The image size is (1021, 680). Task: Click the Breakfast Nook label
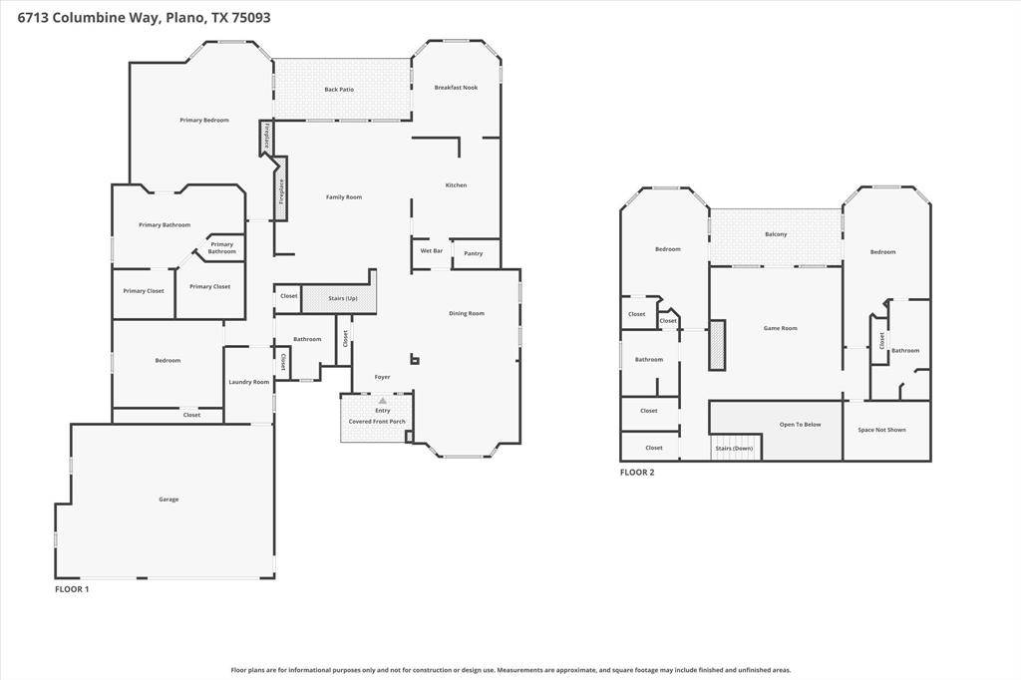(x=456, y=88)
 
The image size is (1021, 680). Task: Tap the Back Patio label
(x=339, y=89)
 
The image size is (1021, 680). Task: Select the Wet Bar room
(x=431, y=253)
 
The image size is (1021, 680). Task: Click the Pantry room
(x=476, y=253)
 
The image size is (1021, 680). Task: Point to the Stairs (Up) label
(x=343, y=298)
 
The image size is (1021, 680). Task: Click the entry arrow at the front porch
(x=383, y=400)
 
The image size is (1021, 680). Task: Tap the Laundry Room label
(x=248, y=382)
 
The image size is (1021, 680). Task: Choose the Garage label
(x=169, y=499)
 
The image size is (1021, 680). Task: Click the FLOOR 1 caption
(x=72, y=589)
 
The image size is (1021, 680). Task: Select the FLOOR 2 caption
(x=637, y=473)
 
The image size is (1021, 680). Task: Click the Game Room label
(x=780, y=328)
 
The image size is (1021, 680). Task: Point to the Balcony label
(x=776, y=234)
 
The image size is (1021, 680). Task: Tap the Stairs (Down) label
(x=734, y=448)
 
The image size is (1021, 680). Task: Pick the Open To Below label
(x=801, y=425)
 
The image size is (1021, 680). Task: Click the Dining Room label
(x=467, y=313)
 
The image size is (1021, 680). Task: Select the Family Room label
(x=344, y=197)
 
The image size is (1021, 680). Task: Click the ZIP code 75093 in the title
(x=250, y=18)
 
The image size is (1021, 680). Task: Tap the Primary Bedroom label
(x=204, y=120)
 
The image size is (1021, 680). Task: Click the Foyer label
(x=382, y=377)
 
